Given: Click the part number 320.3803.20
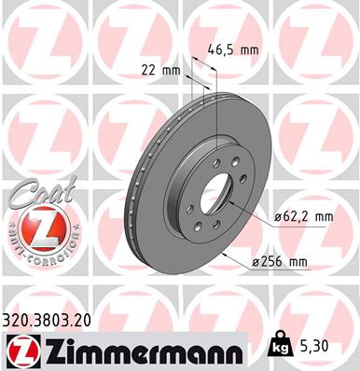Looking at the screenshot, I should pos(55,320).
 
